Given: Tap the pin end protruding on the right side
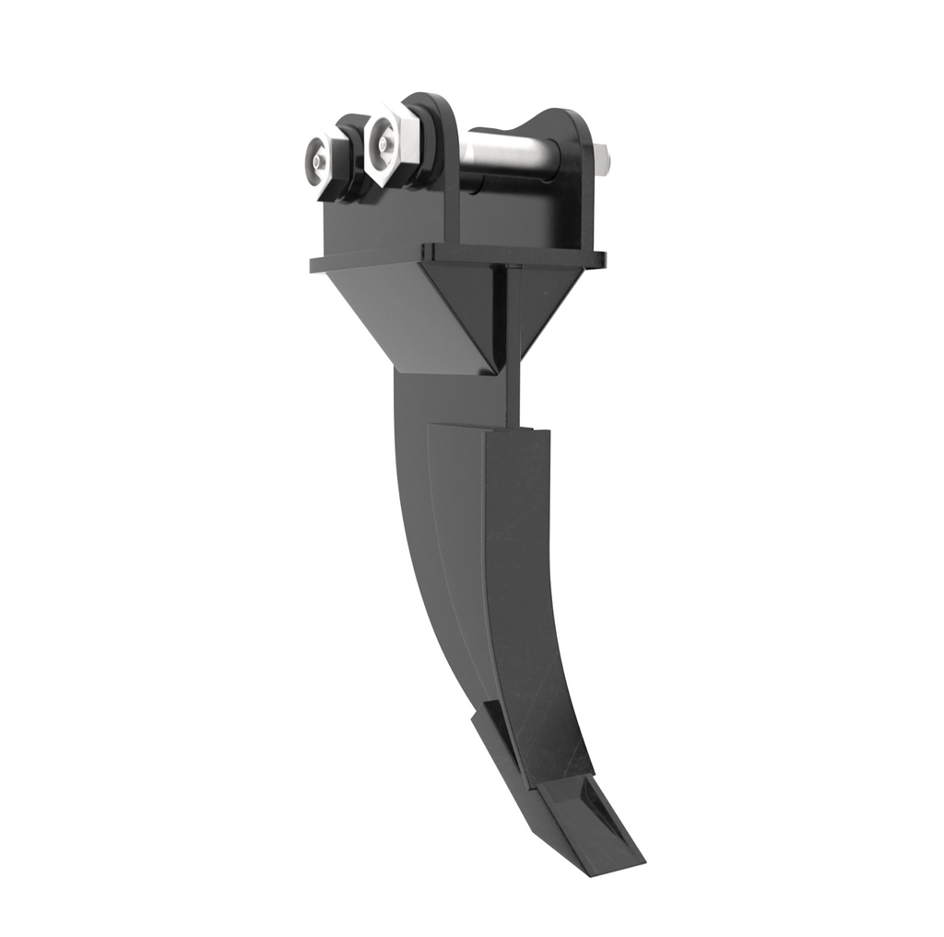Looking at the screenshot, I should (603, 160).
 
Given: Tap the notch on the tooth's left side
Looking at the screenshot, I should (487, 714).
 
